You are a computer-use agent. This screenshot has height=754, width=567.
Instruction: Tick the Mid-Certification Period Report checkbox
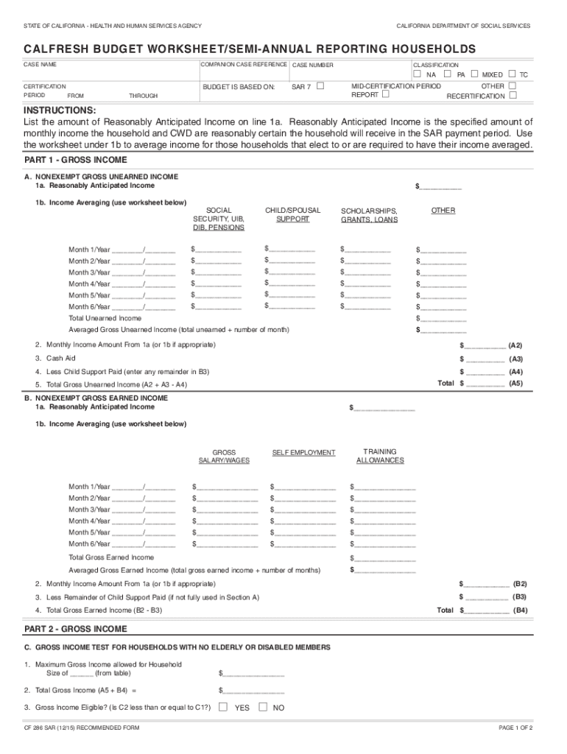pyautogui.click(x=386, y=95)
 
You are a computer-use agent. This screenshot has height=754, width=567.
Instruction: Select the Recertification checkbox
pyautogui.click(x=513, y=96)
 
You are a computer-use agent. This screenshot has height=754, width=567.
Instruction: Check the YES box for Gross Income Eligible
pyautogui.click(x=223, y=707)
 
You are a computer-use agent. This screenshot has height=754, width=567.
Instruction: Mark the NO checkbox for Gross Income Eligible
pyautogui.click(x=262, y=707)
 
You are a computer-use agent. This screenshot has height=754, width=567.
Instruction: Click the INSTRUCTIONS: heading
pyautogui.click(x=60, y=110)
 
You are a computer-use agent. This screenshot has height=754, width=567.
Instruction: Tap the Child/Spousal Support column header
pyautogui.click(x=292, y=214)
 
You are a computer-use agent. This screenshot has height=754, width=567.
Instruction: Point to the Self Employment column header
pyautogui.click(x=303, y=452)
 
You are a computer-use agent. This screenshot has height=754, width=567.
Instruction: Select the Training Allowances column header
pyautogui.click(x=380, y=456)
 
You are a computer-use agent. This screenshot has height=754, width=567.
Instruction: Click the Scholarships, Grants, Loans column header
pyautogui.click(x=369, y=214)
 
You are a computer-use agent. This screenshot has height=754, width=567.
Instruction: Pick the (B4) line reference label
pyautogui.click(x=520, y=610)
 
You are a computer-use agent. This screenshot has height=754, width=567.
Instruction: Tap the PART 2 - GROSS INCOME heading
pyautogui.click(x=75, y=629)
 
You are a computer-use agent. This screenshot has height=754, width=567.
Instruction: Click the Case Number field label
pyautogui.click(x=313, y=66)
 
